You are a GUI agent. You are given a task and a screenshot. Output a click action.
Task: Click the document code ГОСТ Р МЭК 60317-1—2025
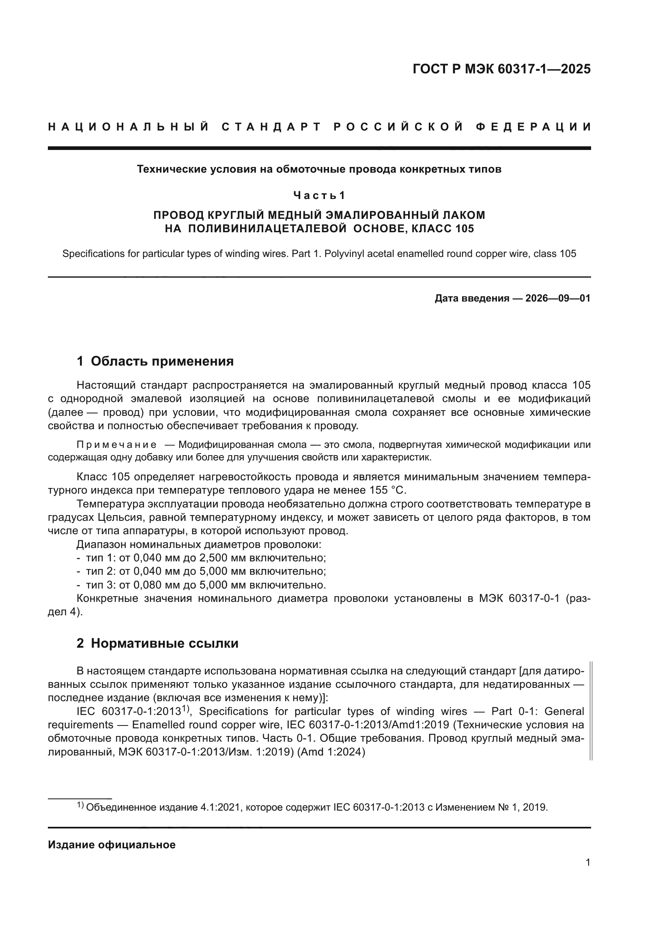click(x=501, y=69)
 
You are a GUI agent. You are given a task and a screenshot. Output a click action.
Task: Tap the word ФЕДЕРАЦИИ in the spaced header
click(x=533, y=127)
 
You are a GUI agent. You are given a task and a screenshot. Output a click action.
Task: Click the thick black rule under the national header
click(x=319, y=148)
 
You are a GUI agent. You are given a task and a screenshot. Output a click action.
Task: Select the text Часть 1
click(x=319, y=195)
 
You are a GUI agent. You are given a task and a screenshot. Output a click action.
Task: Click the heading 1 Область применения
click(x=155, y=361)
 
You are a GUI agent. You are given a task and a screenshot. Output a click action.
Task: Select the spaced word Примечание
click(x=116, y=445)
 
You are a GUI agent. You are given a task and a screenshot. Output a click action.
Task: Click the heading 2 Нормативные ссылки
click(x=157, y=643)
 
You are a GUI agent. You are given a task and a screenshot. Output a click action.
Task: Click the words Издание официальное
click(x=112, y=845)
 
